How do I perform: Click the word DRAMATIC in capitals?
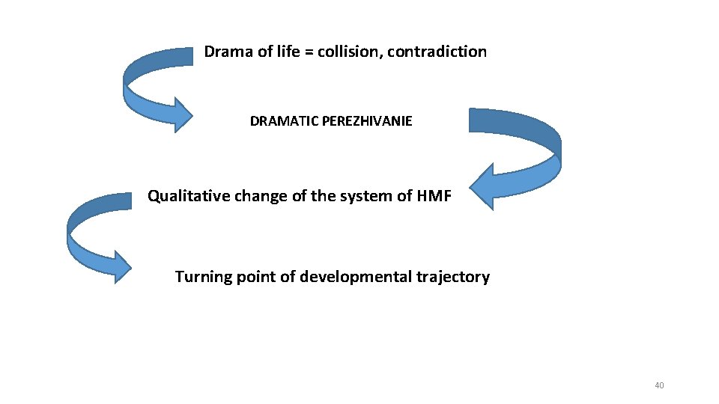tap(284, 121)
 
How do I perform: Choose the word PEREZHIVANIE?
tap(366, 121)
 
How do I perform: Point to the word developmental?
tap(350, 278)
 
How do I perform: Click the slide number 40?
tap(659, 385)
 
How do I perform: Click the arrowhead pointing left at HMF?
tap(484, 186)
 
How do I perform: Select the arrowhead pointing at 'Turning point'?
tap(120, 266)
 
